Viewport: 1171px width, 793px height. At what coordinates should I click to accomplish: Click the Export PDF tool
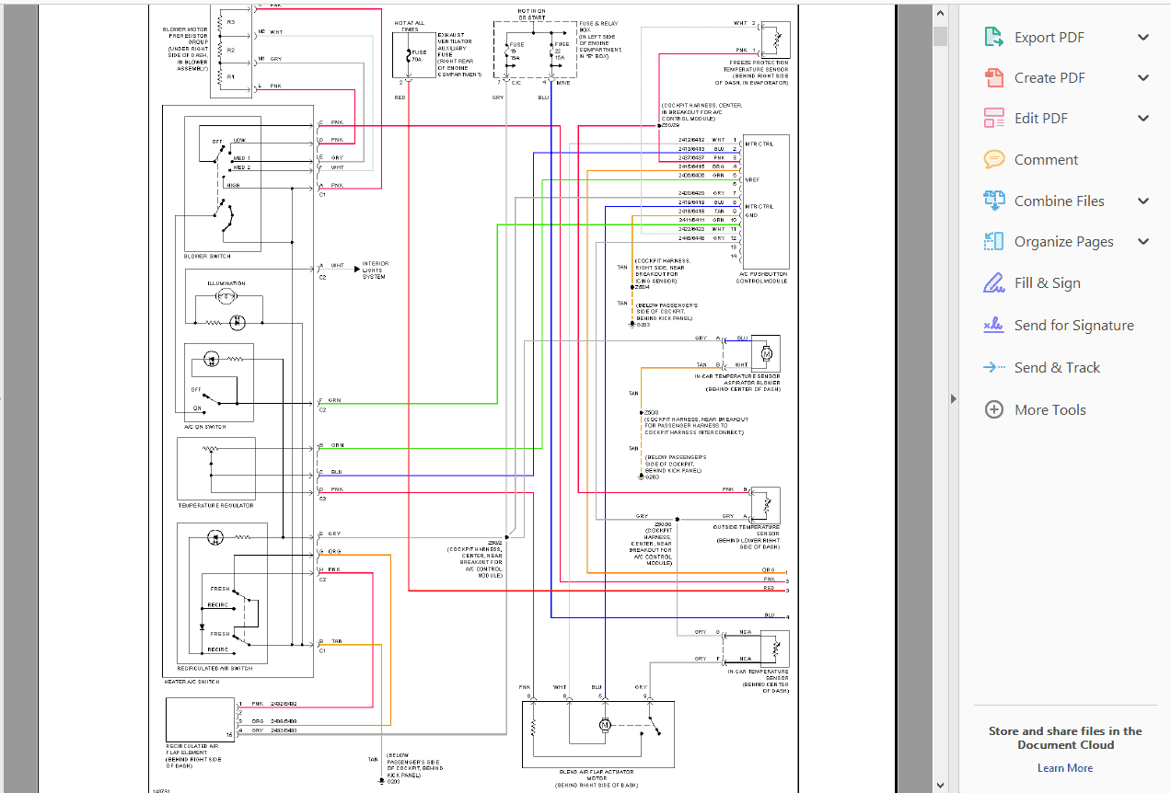pyautogui.click(x=1049, y=38)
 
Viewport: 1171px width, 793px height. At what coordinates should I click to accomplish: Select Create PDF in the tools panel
pyautogui.click(x=1049, y=78)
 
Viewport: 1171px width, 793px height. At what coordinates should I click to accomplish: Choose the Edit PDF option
pyautogui.click(x=1040, y=119)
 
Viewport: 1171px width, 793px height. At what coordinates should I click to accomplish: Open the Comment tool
pyautogui.click(x=1046, y=160)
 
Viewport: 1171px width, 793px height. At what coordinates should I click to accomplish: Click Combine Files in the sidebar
pyautogui.click(x=1059, y=201)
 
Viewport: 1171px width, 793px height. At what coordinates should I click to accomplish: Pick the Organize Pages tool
pyautogui.click(x=1063, y=242)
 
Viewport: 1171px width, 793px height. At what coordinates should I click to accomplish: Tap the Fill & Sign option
pyautogui.click(x=1047, y=283)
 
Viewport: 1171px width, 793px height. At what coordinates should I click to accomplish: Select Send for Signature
pyautogui.click(x=1073, y=326)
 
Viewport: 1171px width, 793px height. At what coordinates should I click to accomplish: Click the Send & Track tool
pyautogui.click(x=1057, y=368)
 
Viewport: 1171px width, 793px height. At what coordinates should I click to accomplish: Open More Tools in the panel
pyautogui.click(x=1049, y=410)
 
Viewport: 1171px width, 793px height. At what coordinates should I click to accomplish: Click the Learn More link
pyautogui.click(x=1065, y=768)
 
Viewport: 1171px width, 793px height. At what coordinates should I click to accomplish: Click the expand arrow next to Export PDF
pyautogui.click(x=1143, y=38)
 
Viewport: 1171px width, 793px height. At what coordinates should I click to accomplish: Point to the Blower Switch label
pyautogui.click(x=207, y=256)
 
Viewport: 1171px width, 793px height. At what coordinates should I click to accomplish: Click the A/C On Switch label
pyautogui.click(x=204, y=427)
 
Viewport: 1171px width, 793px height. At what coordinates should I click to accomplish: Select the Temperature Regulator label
pyautogui.click(x=215, y=506)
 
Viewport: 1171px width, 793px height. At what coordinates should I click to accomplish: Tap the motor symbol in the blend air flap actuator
pyautogui.click(x=605, y=725)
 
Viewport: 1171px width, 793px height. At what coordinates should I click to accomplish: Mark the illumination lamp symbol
pyautogui.click(x=225, y=297)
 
